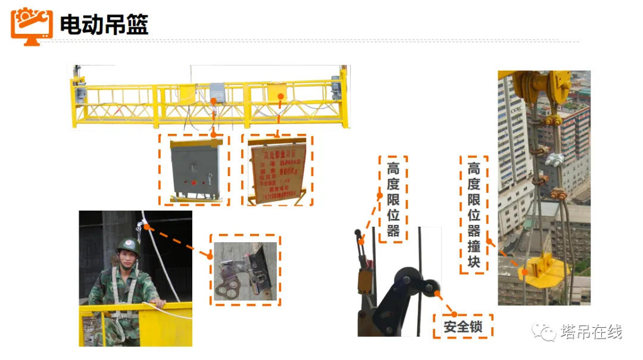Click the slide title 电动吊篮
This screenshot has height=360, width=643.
point(104,24)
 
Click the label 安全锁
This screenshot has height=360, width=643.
point(463,327)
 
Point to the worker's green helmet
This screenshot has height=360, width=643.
point(127,246)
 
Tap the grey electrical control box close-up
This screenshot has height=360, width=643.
point(193,170)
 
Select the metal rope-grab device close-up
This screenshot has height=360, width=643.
point(245,270)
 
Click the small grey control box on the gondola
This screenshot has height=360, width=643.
point(216,92)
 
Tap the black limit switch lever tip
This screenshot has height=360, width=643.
point(357,233)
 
